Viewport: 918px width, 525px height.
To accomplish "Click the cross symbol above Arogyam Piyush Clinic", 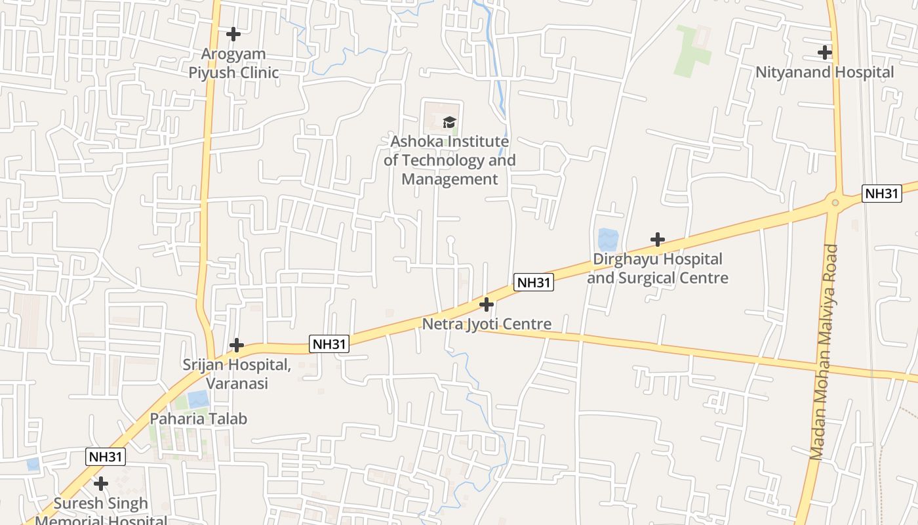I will click(233, 33).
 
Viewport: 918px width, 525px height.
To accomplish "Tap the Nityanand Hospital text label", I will click(824, 72).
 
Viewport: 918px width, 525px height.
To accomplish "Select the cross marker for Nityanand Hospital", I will click(825, 52).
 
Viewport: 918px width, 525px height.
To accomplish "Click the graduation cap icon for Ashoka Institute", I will click(449, 122).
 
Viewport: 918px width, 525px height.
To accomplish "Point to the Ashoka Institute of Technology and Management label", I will click(449, 160).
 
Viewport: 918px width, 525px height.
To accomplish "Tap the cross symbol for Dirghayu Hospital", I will click(657, 240).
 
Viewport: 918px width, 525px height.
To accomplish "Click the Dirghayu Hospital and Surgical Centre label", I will click(657, 268).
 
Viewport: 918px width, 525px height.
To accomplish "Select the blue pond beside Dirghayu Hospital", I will click(608, 239).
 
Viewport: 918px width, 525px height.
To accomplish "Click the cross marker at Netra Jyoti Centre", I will click(487, 304).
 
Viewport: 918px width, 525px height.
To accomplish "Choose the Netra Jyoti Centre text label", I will click(487, 324).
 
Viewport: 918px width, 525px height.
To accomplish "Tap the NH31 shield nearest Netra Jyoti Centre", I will click(534, 283).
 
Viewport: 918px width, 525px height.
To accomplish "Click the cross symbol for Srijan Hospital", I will click(237, 345).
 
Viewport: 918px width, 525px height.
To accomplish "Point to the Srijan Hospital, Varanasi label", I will click(237, 374).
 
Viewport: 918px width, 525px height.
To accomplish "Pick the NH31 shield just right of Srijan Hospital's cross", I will click(329, 344).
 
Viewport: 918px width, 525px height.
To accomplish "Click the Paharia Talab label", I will click(199, 419).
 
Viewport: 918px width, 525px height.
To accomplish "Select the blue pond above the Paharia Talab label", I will click(198, 398).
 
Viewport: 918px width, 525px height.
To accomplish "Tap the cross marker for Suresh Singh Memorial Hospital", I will click(100, 484).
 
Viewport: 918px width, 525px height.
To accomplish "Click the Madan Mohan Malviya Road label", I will click(824, 352).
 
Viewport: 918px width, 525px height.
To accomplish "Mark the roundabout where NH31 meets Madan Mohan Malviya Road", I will click(835, 202).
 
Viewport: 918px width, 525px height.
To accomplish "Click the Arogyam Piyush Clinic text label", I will click(233, 63).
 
